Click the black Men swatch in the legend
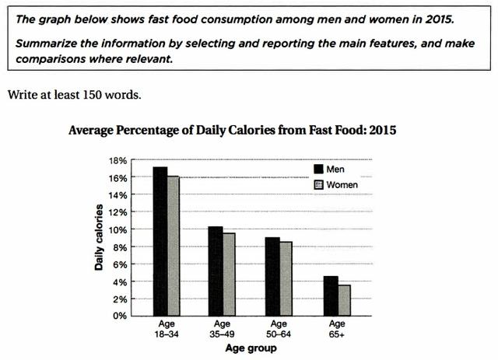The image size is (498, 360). click(317, 169)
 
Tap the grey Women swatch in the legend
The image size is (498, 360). click(317, 185)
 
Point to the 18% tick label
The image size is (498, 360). click(116, 160)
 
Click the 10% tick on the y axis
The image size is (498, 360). click(116, 229)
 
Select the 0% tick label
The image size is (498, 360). click(118, 316)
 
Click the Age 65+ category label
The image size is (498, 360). click(336, 329)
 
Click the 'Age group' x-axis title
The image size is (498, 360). click(251, 349)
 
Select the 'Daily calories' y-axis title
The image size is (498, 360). click(100, 237)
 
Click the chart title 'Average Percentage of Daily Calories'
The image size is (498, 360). click(233, 131)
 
